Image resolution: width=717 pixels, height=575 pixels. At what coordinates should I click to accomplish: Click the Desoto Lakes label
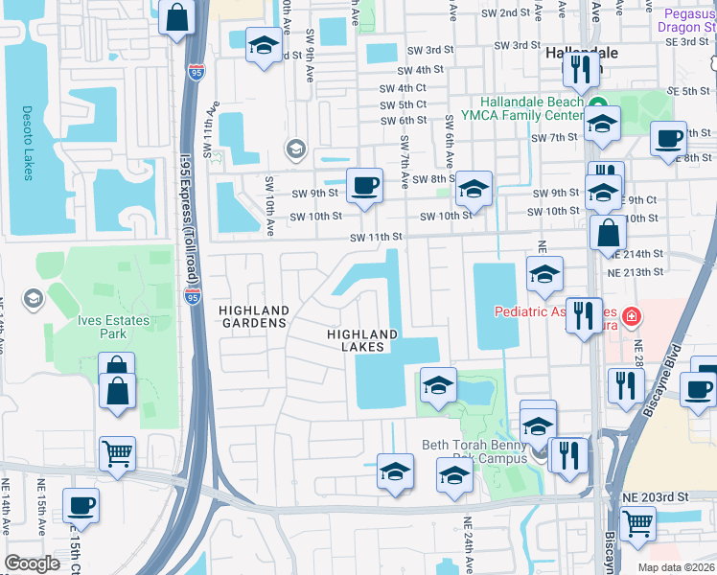click(26, 142)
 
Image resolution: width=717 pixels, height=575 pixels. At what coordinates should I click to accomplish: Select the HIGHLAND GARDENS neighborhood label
click(253, 316)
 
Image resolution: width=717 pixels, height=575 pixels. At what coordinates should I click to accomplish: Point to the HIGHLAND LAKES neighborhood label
click(362, 340)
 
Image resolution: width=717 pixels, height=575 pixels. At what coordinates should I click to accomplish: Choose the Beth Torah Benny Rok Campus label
click(475, 451)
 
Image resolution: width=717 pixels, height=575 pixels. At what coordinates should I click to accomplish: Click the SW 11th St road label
click(375, 237)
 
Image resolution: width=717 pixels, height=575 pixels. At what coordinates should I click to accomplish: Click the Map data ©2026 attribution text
click(676, 567)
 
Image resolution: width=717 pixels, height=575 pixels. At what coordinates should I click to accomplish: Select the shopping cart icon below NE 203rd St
click(636, 522)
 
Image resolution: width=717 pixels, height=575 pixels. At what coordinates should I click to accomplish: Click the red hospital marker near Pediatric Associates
click(632, 314)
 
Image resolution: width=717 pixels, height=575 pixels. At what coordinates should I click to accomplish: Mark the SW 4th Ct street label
click(403, 87)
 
